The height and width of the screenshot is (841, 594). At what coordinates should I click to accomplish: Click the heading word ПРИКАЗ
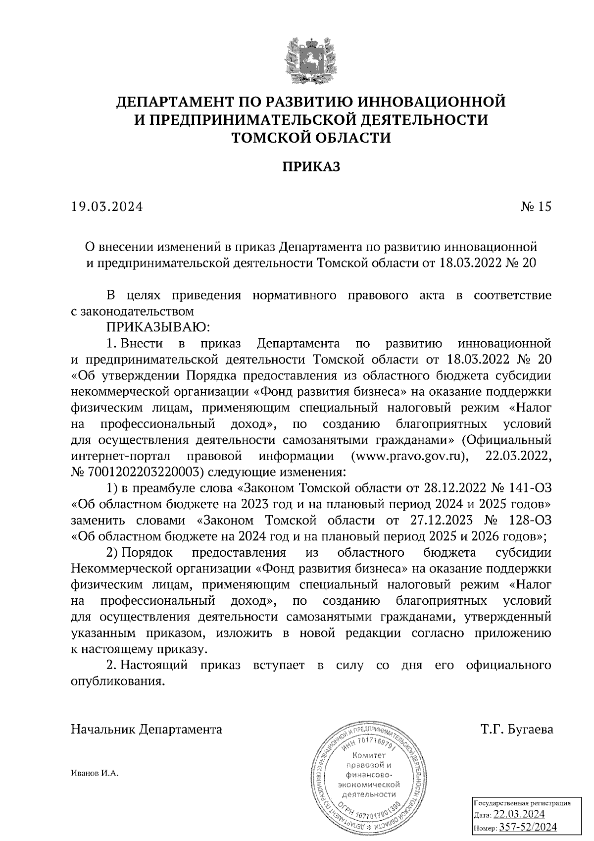311,167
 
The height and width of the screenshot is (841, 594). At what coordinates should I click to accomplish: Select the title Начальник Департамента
147,730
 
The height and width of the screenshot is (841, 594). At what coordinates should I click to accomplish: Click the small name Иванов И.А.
95,774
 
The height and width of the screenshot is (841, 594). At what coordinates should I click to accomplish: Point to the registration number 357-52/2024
528,827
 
